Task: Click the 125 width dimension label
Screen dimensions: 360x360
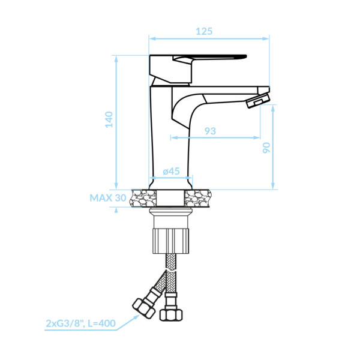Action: pyautogui.click(x=204, y=31)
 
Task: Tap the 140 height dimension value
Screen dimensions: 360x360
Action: pyautogui.click(x=109, y=119)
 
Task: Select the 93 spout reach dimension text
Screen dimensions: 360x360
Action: pyautogui.click(x=210, y=131)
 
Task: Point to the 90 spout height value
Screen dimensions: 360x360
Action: pyautogui.click(x=266, y=148)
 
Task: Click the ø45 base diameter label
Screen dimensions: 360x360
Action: pyautogui.click(x=171, y=171)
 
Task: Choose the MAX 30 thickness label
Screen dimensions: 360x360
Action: pyautogui.click(x=107, y=198)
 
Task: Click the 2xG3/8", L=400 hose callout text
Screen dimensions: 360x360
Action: pyautogui.click(x=80, y=323)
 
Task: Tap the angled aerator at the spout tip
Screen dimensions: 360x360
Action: pyautogui.click(x=258, y=100)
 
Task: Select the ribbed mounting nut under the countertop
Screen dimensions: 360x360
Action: pyautogui.click(x=170, y=241)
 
